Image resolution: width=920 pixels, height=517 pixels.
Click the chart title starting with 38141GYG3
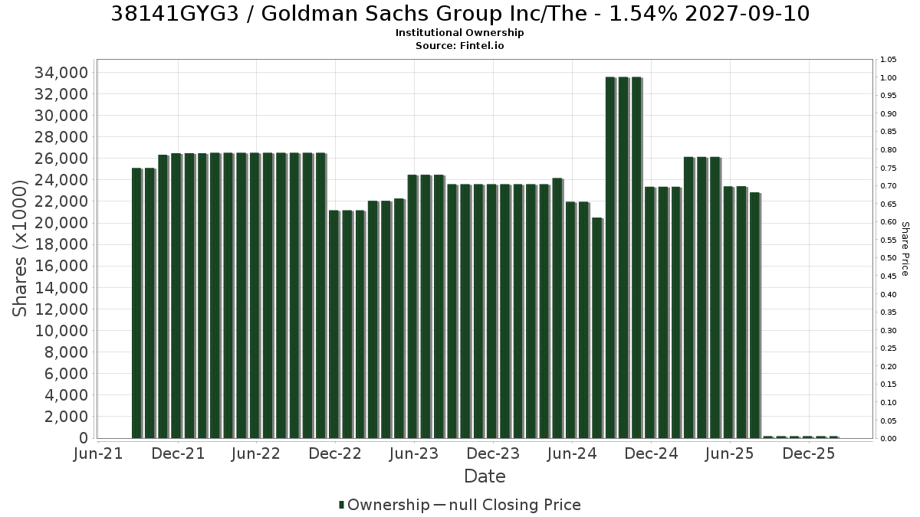pos(460,14)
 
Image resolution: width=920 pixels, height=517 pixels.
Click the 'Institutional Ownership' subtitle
pos(459,33)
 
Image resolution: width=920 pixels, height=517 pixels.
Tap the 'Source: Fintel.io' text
pos(459,45)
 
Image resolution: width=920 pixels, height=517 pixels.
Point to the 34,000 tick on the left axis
pos(61,73)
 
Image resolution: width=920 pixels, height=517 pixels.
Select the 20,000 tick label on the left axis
pos(61,223)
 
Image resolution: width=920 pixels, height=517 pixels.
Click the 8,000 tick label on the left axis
pos(66,352)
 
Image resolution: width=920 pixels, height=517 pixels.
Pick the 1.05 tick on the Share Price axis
pos(888,60)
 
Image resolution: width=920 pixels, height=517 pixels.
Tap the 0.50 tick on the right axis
pos(888,258)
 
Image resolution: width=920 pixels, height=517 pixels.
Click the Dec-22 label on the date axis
pos(335,453)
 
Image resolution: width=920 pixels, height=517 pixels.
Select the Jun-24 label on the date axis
pos(572,453)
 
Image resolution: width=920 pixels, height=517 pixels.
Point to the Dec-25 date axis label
pos(809,453)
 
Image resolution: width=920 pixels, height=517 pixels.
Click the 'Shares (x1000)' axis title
pos(20,248)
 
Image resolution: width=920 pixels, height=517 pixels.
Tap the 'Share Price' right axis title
pos(905,249)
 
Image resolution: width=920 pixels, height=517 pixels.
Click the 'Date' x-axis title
pos(485,476)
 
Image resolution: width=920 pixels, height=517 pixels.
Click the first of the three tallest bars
pos(610,257)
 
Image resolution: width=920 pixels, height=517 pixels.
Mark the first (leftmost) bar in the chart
pos(136,303)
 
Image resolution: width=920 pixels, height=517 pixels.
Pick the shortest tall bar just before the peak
pos(597,329)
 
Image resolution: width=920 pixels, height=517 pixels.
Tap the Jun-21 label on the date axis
pos(98,453)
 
